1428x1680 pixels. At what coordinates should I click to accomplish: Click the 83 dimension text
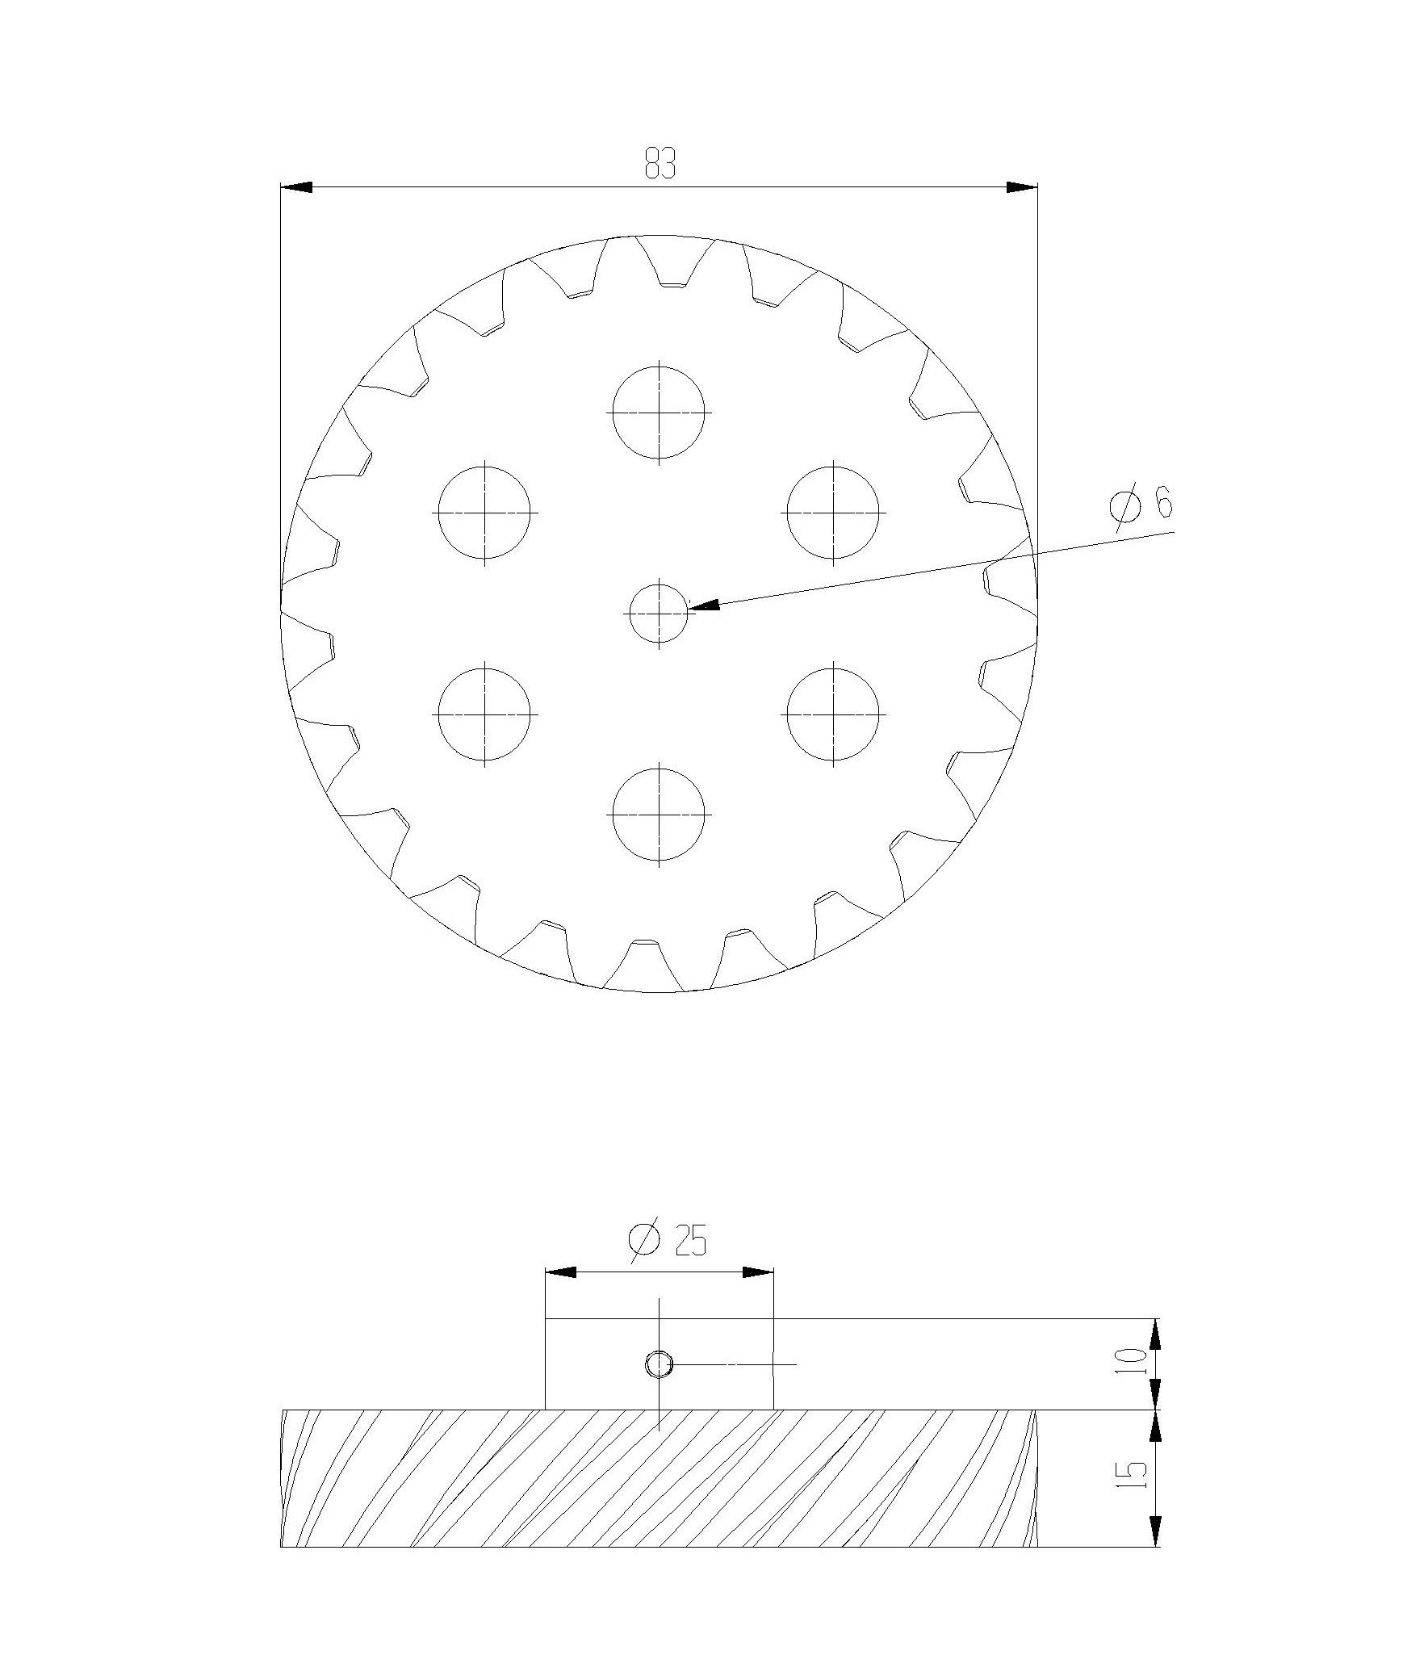[660, 163]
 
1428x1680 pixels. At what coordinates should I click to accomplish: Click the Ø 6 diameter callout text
[1141, 505]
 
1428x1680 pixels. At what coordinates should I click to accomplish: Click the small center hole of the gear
[660, 614]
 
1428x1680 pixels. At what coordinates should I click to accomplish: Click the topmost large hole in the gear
[660, 412]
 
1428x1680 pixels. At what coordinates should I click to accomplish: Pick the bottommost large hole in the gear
[660, 815]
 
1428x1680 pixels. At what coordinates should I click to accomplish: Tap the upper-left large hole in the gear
[485, 513]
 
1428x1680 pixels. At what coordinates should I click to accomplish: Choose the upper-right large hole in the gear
[834, 513]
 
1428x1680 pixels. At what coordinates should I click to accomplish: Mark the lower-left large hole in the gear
[485, 714]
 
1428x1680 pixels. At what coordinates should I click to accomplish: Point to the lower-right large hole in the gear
[834, 714]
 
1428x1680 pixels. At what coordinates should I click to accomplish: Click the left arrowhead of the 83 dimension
[296, 187]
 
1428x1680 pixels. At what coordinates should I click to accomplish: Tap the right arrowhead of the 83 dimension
[1022, 187]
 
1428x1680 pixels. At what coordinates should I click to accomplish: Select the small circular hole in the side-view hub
[659, 1365]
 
